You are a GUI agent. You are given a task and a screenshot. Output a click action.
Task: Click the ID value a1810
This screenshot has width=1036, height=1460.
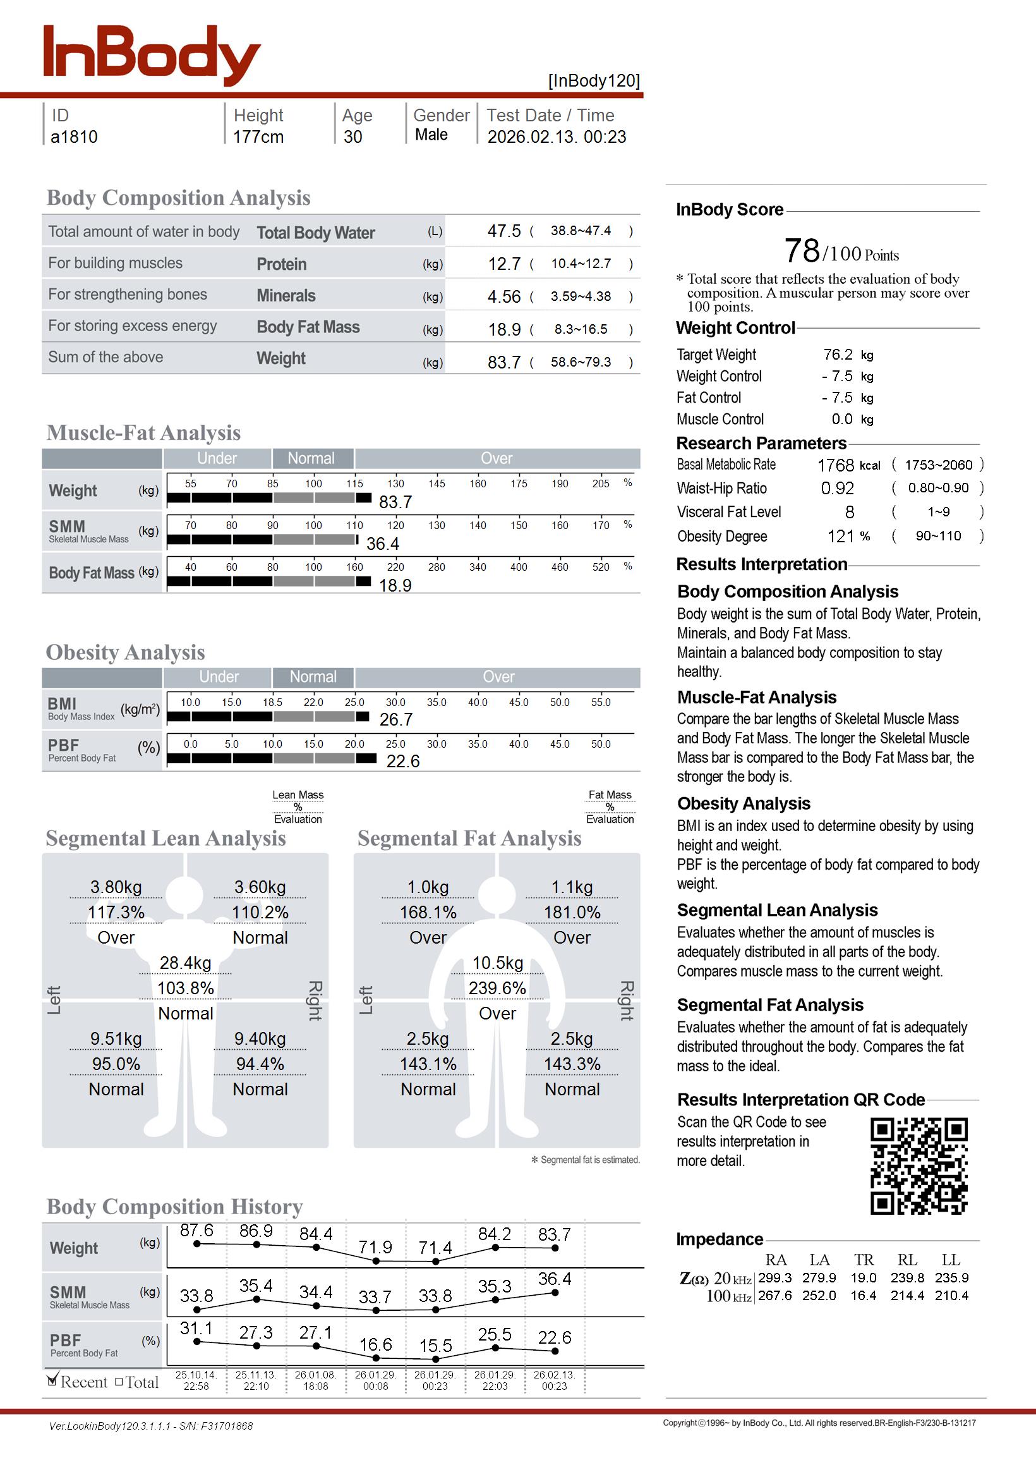[74, 137]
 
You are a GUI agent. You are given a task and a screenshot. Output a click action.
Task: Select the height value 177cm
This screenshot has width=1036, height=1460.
[258, 137]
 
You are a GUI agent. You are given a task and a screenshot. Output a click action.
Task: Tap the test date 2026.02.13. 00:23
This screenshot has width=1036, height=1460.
[557, 137]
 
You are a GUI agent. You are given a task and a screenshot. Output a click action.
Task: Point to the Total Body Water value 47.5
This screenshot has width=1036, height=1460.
[504, 231]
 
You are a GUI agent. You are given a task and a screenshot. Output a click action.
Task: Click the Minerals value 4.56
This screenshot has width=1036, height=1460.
[504, 296]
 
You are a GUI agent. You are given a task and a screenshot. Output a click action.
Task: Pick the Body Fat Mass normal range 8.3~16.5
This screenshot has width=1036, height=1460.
[581, 329]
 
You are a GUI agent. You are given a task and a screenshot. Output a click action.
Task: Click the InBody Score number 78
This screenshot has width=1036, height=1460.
[802, 251]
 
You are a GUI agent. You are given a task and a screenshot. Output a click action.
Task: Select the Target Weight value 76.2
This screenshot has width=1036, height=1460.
[838, 355]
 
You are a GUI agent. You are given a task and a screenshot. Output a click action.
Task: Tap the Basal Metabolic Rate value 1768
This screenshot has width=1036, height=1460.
[835, 466]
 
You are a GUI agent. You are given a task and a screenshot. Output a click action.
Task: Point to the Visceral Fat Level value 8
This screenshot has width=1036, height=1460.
[850, 513]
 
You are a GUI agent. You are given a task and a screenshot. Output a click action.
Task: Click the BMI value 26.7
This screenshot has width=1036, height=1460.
[395, 720]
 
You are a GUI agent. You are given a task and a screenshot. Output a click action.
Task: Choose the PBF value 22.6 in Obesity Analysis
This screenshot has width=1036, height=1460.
[402, 761]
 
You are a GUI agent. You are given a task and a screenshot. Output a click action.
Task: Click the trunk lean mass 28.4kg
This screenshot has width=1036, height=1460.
[185, 963]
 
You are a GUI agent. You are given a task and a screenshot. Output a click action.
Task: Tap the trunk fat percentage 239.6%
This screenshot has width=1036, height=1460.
[497, 989]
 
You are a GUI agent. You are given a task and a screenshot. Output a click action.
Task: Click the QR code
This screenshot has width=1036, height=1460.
[919, 1166]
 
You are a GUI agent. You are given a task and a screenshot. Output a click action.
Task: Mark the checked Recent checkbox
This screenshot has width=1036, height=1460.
[52, 1382]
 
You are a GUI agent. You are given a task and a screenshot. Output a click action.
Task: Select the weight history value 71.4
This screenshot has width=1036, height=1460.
[435, 1248]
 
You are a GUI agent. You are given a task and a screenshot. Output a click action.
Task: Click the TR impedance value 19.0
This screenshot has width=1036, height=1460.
[863, 1278]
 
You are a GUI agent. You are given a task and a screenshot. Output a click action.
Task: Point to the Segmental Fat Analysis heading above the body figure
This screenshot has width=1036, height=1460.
[469, 839]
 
